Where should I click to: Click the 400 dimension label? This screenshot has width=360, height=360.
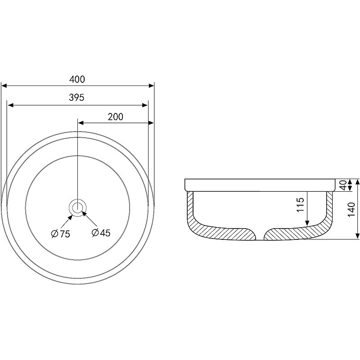coord(77,80)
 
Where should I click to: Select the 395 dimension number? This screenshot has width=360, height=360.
coord(76,98)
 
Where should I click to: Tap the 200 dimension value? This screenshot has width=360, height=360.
coord(116,117)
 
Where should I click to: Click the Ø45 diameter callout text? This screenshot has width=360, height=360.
coord(101,233)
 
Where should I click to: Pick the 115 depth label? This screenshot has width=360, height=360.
coord(300,205)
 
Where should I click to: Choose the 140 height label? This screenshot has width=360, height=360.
coord(351,209)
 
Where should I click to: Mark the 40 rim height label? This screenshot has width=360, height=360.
coord(343,185)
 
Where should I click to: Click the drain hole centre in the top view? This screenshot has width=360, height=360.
coord(77,207)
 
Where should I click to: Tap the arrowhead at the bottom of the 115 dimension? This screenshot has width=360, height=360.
coord(307,223)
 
